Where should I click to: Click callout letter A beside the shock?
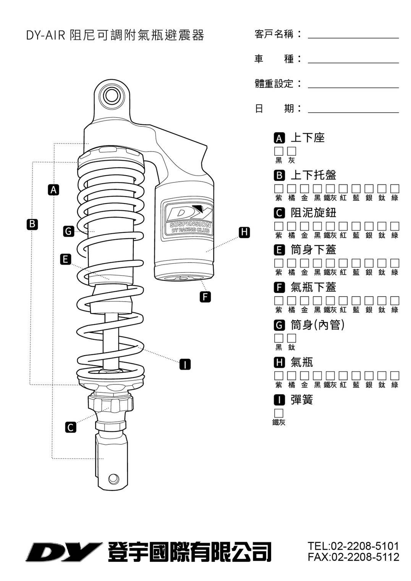tap(54, 189)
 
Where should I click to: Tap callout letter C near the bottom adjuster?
tap(70, 427)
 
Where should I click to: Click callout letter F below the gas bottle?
tap(205, 297)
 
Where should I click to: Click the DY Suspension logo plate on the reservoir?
tap(187, 219)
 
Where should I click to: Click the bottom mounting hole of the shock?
tap(113, 478)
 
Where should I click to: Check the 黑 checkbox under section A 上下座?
tap(279, 151)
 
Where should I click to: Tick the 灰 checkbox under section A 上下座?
tap(292, 151)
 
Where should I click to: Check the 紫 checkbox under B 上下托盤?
tap(279, 189)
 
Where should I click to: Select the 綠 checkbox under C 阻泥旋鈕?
tap(395, 226)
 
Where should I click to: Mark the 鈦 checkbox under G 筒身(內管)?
tap(292, 338)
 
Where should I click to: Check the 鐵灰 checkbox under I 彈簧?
tap(279, 413)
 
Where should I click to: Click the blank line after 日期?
tap(353, 109)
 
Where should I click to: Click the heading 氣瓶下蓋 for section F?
tap(313, 287)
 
